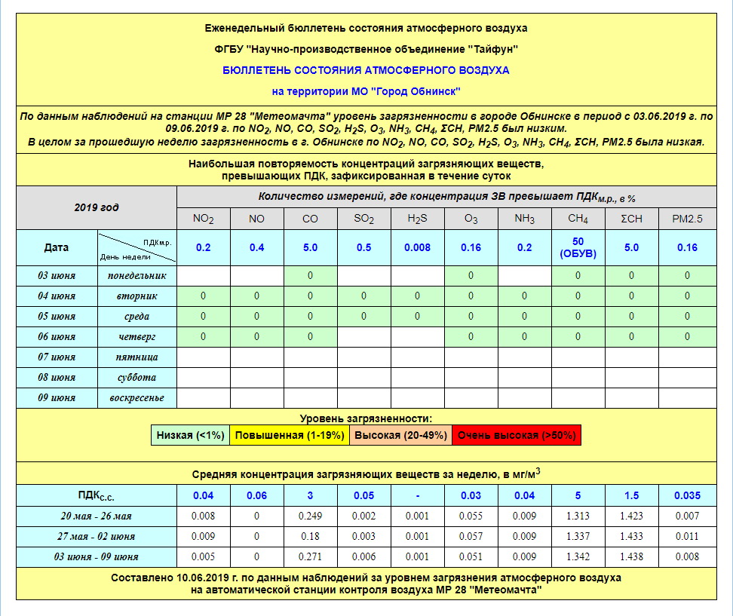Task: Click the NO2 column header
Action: coord(203,219)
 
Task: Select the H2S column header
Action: coord(417,219)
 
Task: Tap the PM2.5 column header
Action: coord(687,219)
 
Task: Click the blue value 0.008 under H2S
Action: coord(417,247)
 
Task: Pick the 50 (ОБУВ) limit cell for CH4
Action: coord(578,247)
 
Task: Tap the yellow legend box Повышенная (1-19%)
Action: coord(290,436)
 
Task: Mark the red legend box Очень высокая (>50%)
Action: coord(517,436)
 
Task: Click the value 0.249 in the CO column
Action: coord(310,516)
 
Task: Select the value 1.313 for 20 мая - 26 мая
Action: coord(578,516)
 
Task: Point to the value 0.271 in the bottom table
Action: coord(310,557)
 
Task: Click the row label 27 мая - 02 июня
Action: coord(96,537)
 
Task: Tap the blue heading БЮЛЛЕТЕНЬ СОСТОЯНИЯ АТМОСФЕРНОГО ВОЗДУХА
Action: coord(366,70)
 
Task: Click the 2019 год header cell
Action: coord(96,207)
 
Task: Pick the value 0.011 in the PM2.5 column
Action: coord(687,537)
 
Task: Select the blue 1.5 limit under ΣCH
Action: coord(632,495)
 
